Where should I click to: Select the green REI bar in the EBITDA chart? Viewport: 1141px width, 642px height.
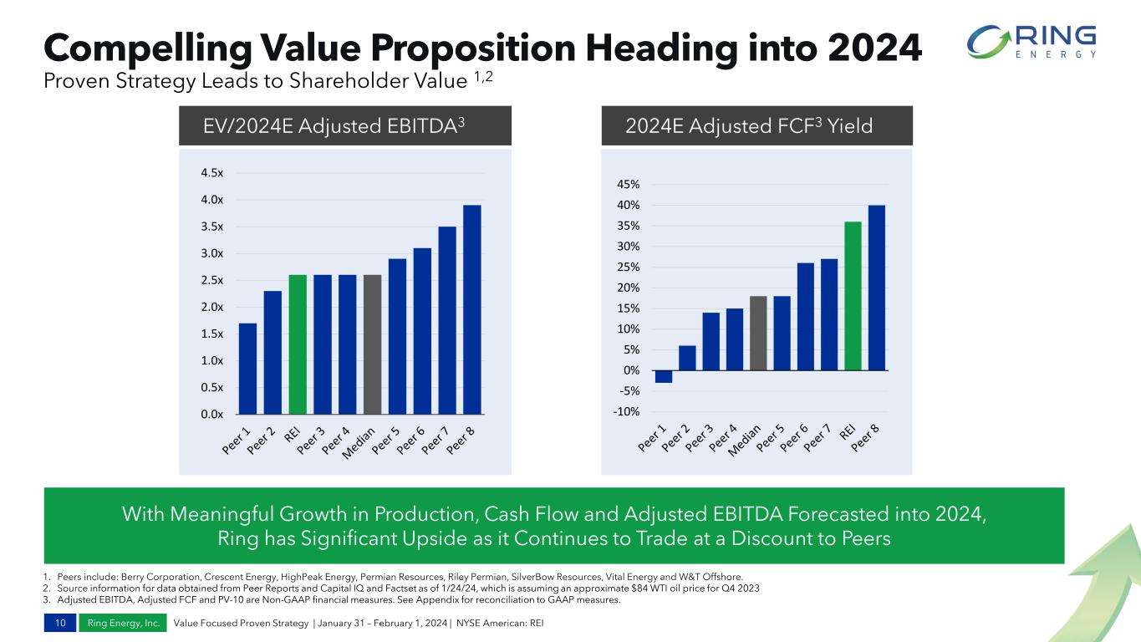[x=298, y=344]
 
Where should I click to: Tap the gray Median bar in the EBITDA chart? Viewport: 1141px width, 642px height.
[x=373, y=344]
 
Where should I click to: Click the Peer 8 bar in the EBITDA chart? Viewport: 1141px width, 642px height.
[x=472, y=309]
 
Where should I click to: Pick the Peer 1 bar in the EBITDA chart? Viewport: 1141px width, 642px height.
[x=247, y=369]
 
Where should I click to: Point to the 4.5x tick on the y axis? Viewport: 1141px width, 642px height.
[x=211, y=173]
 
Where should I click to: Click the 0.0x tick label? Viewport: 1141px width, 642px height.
[x=211, y=414]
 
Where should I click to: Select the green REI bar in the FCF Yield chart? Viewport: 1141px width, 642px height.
[x=853, y=296]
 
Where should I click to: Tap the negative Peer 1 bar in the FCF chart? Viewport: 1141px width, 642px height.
[x=664, y=376]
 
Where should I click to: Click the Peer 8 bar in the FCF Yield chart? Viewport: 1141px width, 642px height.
[x=877, y=288]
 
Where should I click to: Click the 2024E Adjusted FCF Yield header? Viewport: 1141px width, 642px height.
[x=748, y=126]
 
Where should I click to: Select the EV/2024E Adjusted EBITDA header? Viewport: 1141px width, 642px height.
[x=334, y=126]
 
